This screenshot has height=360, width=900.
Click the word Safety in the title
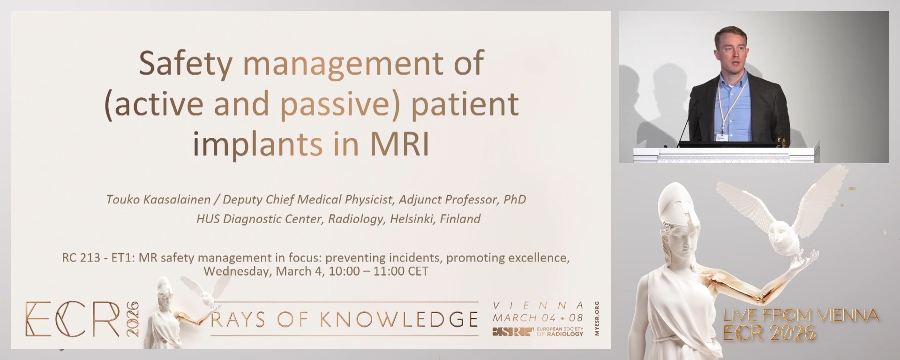(185, 64)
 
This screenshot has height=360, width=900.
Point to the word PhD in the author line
(514, 200)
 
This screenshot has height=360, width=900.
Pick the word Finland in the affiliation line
(460, 219)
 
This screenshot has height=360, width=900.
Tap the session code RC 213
(81, 258)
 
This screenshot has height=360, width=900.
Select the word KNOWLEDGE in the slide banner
(399, 320)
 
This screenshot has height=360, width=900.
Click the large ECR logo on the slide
(73, 319)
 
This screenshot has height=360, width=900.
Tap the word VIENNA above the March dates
(538, 306)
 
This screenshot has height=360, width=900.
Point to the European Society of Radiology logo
(538, 332)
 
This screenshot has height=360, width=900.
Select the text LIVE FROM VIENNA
(800, 315)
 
